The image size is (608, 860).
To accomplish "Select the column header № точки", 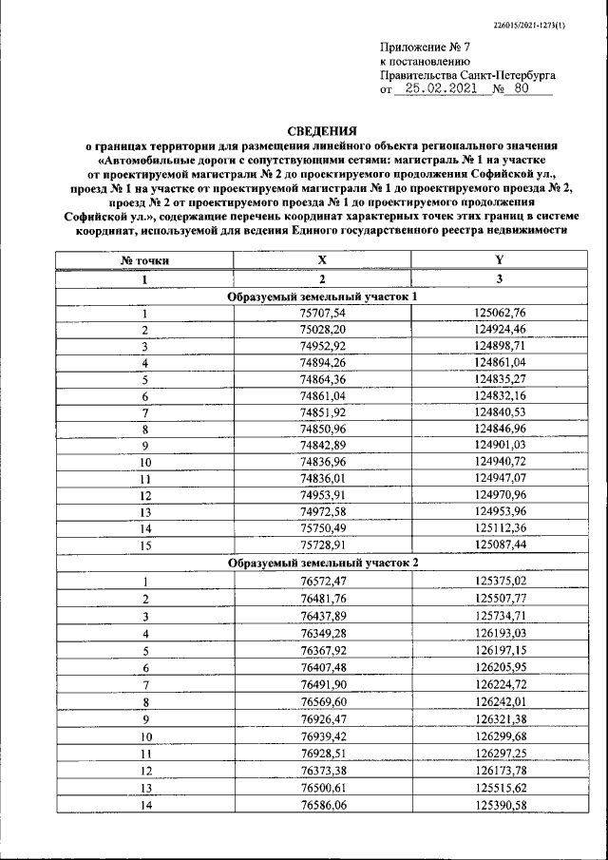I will [x=144, y=259].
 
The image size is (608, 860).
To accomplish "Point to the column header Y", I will [x=499, y=259].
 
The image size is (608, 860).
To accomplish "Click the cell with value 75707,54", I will [x=322, y=314].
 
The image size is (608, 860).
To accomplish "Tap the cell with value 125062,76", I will [x=499, y=314].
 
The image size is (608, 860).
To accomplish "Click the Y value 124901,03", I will [x=499, y=446].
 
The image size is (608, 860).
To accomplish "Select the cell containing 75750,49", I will [x=322, y=528].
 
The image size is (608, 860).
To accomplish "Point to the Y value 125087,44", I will [x=499, y=545].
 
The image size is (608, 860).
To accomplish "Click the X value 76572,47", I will [x=322, y=581].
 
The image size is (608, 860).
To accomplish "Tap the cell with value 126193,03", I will [x=499, y=633].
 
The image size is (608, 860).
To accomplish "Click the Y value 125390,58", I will [x=499, y=806].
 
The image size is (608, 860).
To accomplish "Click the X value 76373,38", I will [x=322, y=771].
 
